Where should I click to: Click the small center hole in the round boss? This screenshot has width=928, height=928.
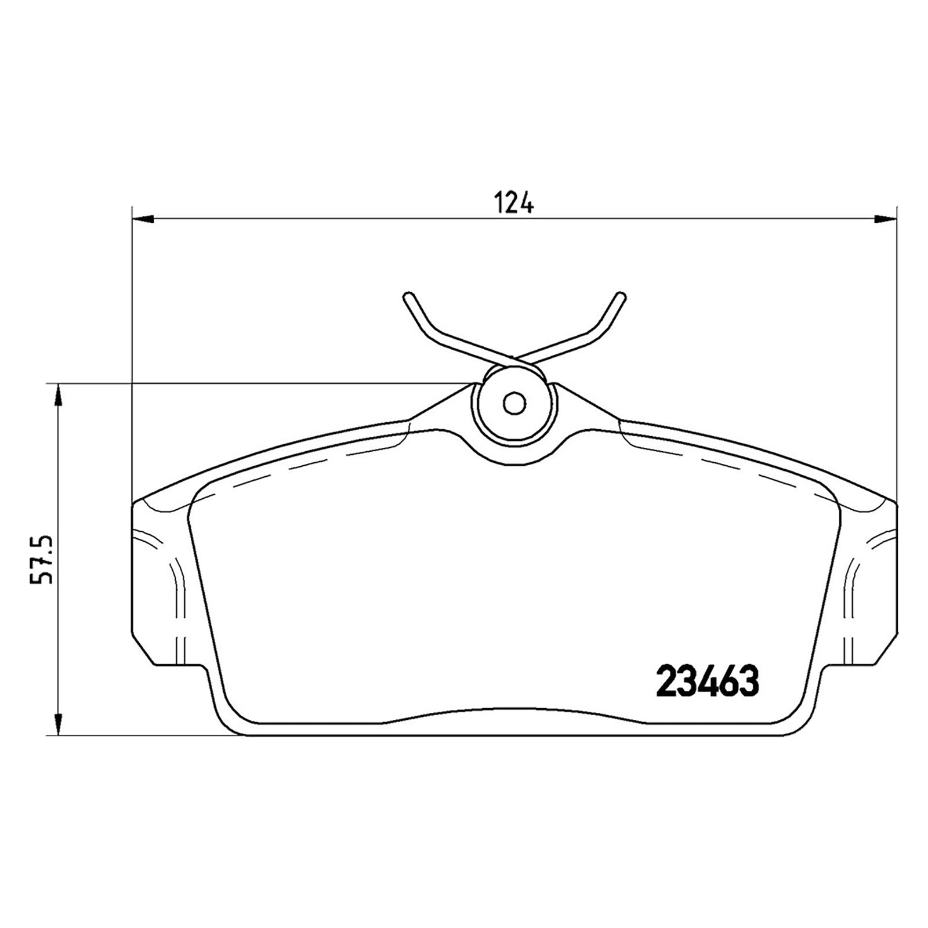coord(514,403)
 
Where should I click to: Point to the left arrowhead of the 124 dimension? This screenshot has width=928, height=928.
coord(143,219)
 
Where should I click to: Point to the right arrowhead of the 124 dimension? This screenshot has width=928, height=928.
coord(885,219)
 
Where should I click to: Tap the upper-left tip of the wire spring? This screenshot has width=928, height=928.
coord(407,296)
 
